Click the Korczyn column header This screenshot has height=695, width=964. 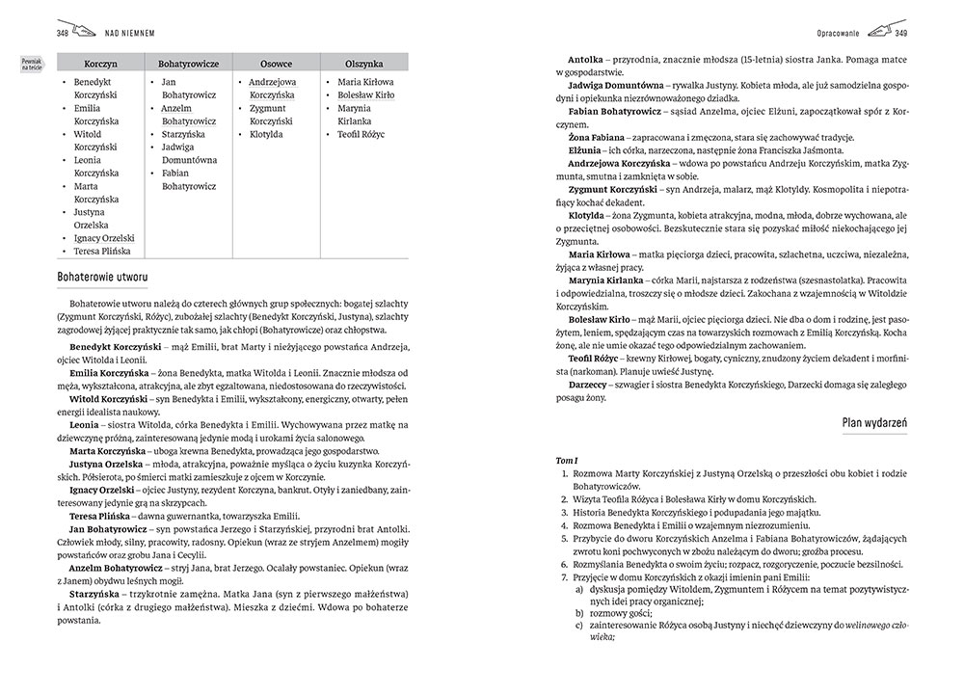coord(100,62)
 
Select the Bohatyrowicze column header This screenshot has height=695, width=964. coord(188,62)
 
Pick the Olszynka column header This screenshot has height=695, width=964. coord(363,62)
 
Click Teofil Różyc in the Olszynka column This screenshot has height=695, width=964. coord(361,134)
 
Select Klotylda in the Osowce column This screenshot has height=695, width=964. coord(267,134)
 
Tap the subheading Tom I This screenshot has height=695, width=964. coord(567,461)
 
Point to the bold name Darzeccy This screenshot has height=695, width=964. coord(591,386)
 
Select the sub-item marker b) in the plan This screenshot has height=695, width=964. coord(579,611)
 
